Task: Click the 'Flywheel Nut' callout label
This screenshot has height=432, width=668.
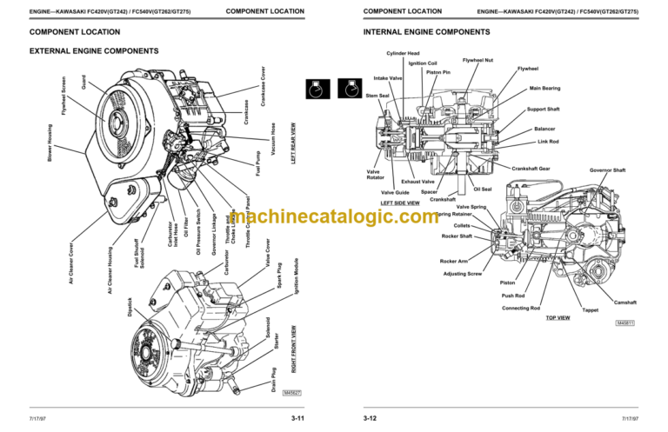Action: click(478, 60)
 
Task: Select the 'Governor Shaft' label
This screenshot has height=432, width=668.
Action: click(607, 170)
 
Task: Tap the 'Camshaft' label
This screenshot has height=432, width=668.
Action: click(625, 302)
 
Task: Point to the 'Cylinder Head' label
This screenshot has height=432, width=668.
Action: click(404, 53)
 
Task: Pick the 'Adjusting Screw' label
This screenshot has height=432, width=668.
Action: click(463, 274)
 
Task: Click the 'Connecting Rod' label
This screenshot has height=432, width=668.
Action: click(521, 309)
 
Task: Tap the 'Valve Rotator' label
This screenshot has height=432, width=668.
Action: click(376, 175)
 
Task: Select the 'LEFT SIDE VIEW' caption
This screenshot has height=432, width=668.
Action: click(400, 203)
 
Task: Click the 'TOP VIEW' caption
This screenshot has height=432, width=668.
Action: click(558, 318)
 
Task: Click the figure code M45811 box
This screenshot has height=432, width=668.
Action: click(625, 323)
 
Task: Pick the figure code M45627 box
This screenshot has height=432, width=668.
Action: click(293, 393)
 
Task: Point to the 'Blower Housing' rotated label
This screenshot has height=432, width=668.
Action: click(49, 143)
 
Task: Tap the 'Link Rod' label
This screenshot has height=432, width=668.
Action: click(548, 142)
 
